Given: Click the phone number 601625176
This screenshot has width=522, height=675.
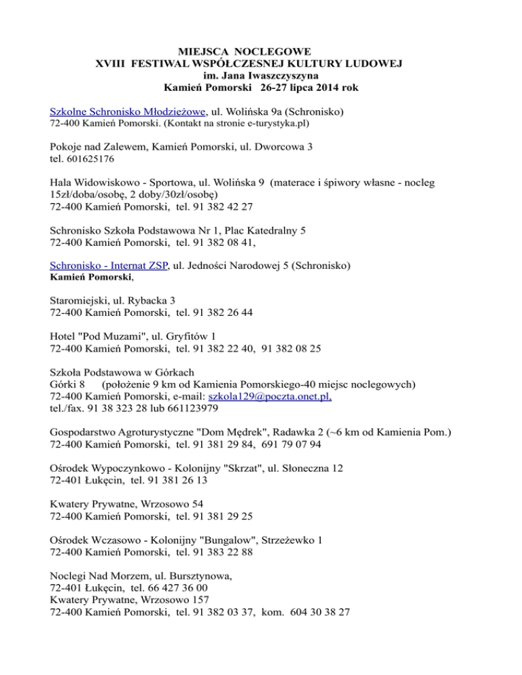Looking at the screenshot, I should click(x=92, y=160).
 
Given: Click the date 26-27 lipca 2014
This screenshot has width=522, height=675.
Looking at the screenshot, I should click(x=300, y=88).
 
